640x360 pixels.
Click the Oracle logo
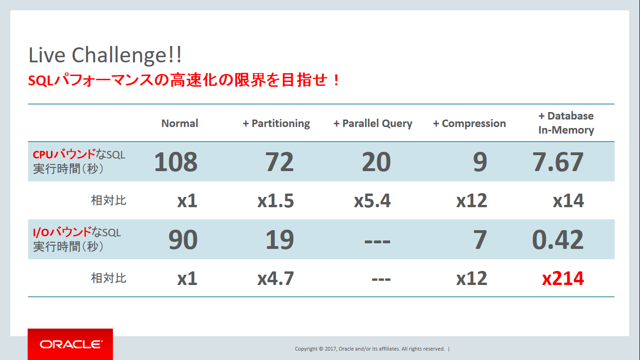coord(70,344)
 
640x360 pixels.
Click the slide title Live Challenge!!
coord(105,55)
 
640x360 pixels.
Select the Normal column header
coord(180,123)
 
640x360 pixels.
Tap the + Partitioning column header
coord(276,124)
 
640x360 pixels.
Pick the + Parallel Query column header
coord(373,124)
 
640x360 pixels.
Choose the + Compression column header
coord(469,124)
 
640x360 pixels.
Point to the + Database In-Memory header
coord(566,123)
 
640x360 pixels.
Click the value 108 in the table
coord(176,162)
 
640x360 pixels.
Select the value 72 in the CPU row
coord(279,162)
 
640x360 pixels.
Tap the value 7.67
coord(558,162)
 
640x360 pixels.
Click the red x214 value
coord(563,278)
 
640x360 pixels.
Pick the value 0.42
coord(558,240)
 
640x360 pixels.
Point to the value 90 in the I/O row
coord(183,240)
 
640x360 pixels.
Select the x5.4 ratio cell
coord(372,201)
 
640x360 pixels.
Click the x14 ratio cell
coord(568,201)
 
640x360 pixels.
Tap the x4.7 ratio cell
coord(275,278)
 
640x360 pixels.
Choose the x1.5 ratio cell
coord(275,201)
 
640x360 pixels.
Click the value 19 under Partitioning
coord(280,240)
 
